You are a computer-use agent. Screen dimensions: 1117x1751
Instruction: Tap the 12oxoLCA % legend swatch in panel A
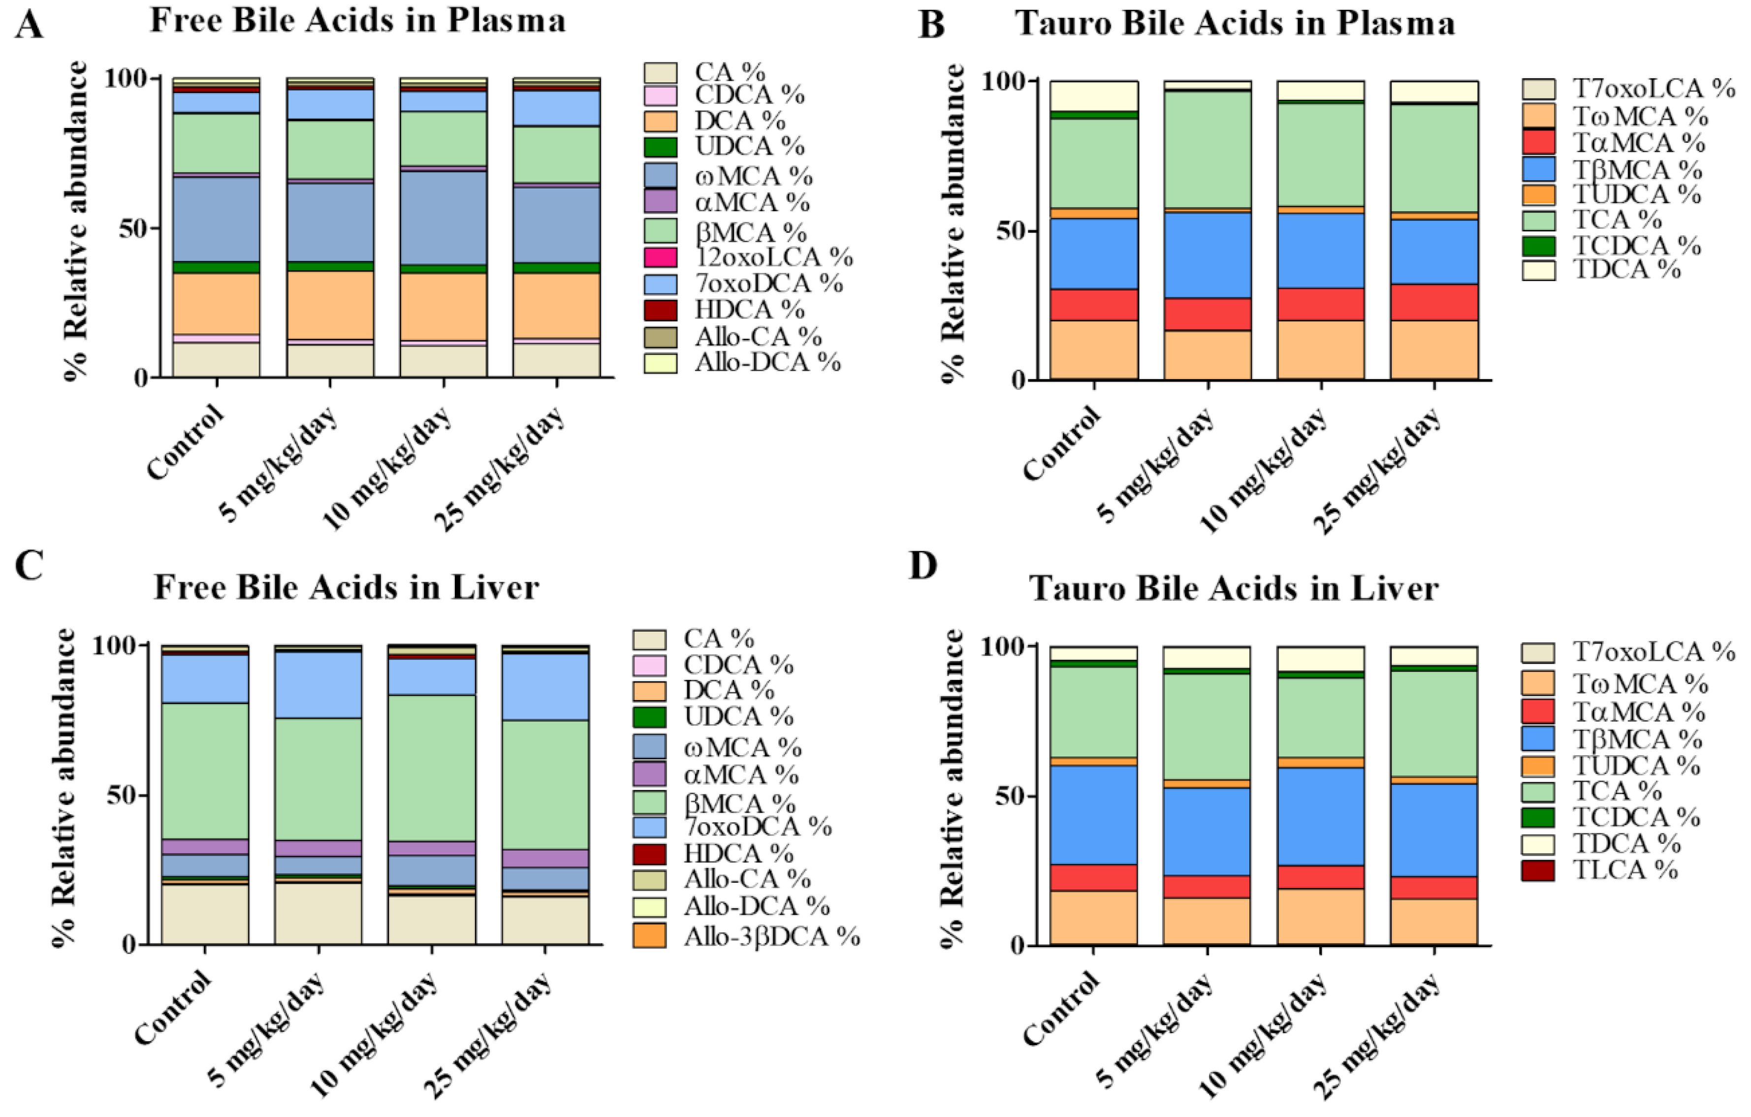tap(660, 257)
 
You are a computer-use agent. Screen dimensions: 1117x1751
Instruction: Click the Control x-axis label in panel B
tap(1062, 443)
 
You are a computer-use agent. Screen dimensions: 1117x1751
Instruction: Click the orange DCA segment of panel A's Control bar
tap(216, 303)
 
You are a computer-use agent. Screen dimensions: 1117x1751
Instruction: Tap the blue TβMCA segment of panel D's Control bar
tap(1093, 814)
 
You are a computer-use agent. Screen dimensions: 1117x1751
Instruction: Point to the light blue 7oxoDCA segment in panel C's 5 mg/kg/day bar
tap(318, 684)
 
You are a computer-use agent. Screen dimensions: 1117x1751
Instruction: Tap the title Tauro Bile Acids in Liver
tap(1233, 588)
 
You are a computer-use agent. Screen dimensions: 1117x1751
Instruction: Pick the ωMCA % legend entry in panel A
tap(753, 176)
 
